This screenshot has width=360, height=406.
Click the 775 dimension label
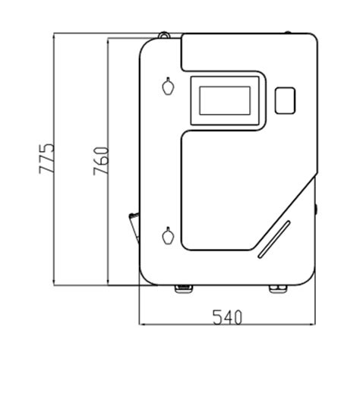coord(46,159)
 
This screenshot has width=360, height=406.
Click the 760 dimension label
coord(101,161)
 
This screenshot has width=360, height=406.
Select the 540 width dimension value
coord(227,317)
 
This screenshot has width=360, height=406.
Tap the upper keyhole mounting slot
coord(168,86)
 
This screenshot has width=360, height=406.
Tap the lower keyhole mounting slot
coord(168,235)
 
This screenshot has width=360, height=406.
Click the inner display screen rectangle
coord(225,100)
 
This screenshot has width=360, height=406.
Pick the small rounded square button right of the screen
coord(285,100)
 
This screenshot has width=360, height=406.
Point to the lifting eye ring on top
coord(164,35)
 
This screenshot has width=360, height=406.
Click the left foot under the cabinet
coord(184,288)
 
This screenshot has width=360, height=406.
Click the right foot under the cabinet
coord(279,288)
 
